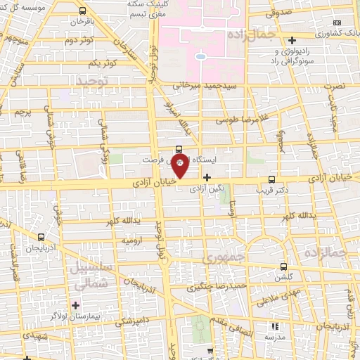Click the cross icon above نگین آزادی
point(206,179)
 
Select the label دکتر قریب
point(272,191)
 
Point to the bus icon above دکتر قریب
point(272,179)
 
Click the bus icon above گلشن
point(283,266)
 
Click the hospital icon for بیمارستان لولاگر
point(75,305)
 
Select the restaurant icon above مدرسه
point(274,326)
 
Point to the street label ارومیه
point(133,241)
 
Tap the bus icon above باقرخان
point(83,11)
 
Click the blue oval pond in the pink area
point(201,56)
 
